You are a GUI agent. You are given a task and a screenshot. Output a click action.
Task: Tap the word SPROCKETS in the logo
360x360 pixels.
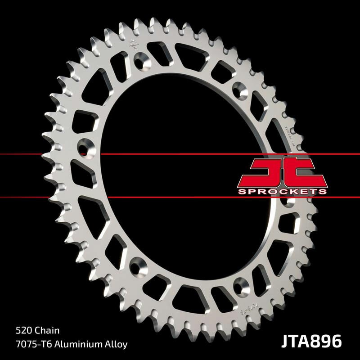[x=282, y=191]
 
